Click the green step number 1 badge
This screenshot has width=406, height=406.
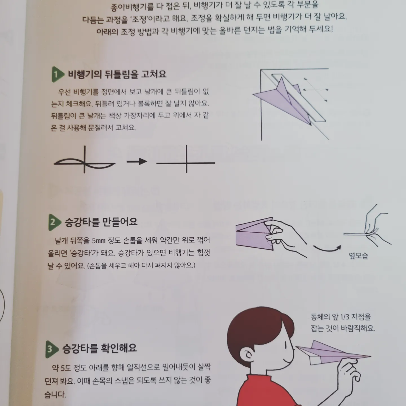pyautogui.click(x=57, y=74)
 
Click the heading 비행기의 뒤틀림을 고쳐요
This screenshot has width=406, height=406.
pyautogui.click(x=117, y=74)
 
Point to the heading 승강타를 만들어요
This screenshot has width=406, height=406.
pyautogui.click(x=101, y=222)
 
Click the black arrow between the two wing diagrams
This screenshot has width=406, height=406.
pyautogui.click(x=137, y=162)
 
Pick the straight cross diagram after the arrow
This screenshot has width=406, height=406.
pyautogui.click(x=186, y=159)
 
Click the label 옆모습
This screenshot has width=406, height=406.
pyautogui.click(x=358, y=255)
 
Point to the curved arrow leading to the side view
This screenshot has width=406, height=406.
pyautogui.click(x=327, y=249)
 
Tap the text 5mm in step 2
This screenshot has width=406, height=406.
pyautogui.click(x=99, y=240)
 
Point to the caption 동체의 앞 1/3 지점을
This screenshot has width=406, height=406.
pyautogui.click(x=341, y=317)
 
